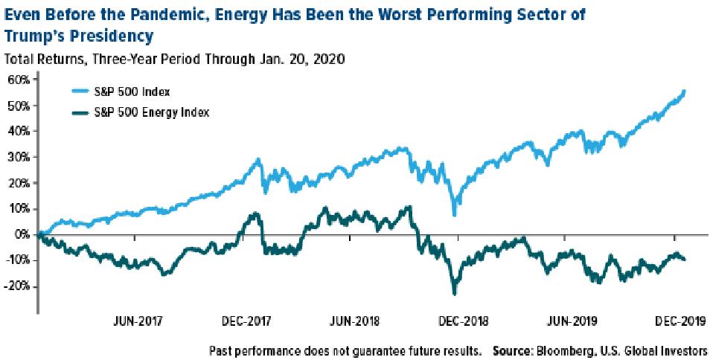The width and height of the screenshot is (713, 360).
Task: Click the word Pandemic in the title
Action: tap(185, 13)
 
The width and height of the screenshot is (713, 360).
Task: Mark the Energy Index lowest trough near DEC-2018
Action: tap(453, 293)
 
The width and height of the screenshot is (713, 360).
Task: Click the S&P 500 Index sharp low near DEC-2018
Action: tap(454, 215)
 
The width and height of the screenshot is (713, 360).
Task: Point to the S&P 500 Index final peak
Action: tap(684, 91)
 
